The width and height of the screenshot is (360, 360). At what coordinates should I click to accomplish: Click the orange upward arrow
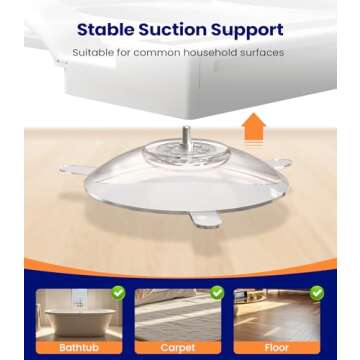[253, 127]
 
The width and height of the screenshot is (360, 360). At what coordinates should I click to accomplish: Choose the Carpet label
[178, 347]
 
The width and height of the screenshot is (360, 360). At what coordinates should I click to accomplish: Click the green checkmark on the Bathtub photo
[119, 293]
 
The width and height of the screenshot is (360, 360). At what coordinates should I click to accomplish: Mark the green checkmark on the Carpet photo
[217, 293]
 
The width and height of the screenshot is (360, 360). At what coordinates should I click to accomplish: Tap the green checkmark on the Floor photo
[317, 293]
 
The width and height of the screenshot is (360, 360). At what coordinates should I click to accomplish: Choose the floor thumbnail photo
[277, 315]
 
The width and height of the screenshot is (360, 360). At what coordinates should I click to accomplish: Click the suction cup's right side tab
[282, 163]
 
